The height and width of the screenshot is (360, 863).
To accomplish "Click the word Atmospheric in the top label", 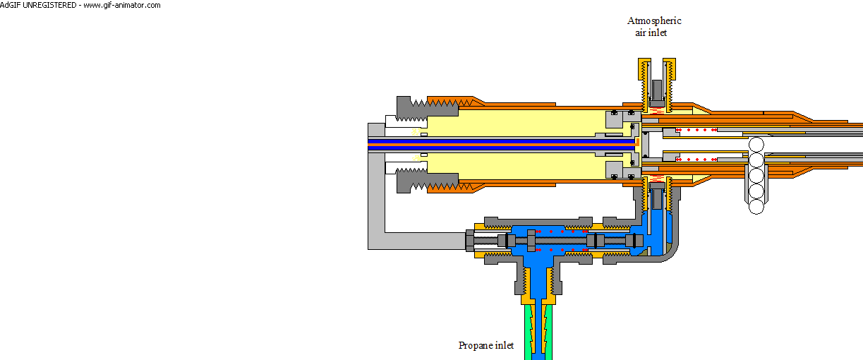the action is pos(654,20).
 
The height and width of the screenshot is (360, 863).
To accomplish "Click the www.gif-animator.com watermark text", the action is pos(122,5).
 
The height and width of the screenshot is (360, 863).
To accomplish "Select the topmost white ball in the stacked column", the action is pos(756,145).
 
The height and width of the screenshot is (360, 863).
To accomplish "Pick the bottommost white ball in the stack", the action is pos(756,207).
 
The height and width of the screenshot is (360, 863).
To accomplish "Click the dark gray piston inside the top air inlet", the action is pos(657,93).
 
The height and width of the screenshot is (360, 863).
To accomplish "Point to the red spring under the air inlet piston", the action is pos(656,111).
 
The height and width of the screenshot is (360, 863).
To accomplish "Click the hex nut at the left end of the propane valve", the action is pos(470,241).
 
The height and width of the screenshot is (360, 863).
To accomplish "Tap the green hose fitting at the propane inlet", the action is pos(538,332).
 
